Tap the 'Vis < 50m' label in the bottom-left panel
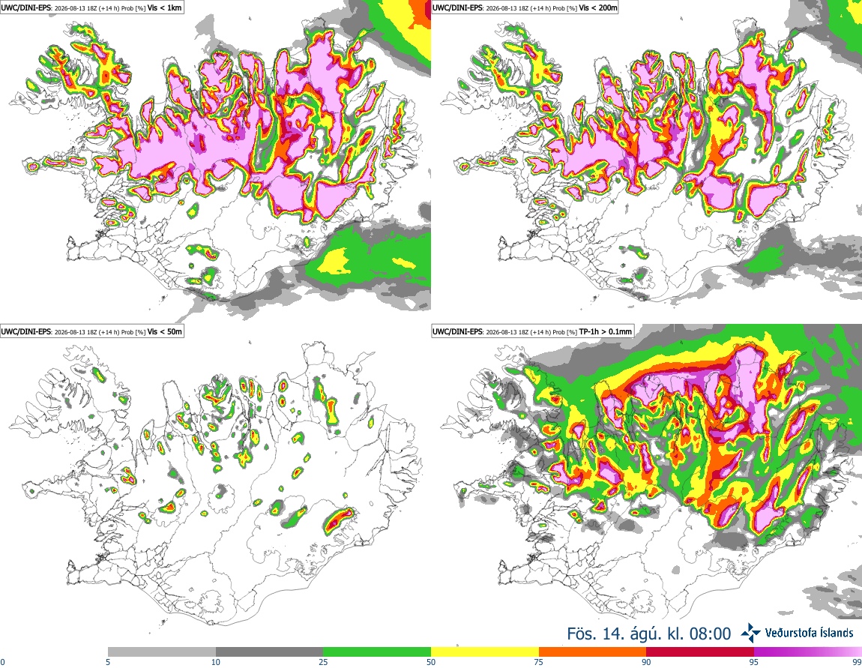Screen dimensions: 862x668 [164, 331]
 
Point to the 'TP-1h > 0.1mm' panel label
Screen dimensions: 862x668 [605, 331]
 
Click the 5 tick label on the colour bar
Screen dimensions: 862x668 [108, 662]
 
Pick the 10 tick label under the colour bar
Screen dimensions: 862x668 [216, 662]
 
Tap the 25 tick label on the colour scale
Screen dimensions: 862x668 [323, 662]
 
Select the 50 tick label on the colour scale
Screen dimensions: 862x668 [431, 662]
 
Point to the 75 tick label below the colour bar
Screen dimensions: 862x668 [539, 662]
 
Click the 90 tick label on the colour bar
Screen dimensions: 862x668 [646, 662]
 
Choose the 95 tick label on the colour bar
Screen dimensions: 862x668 [754, 662]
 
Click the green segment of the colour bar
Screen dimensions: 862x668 [377, 652]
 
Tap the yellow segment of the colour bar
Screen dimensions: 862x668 [485, 652]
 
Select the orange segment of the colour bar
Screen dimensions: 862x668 [593, 652]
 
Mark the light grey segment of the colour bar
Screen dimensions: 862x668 [162, 652]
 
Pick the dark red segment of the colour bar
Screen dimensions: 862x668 [700, 652]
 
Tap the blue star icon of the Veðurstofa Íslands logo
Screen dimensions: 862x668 [750, 633]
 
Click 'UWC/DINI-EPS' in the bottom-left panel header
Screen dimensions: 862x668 [25, 331]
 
